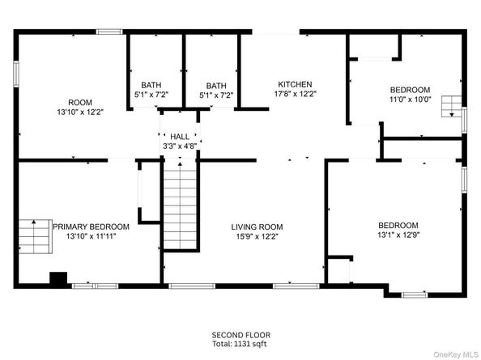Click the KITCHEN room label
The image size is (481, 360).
[x=295, y=84]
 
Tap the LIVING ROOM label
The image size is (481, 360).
[x=257, y=227]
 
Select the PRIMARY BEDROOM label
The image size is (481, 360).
[x=92, y=227]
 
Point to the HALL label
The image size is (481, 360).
[x=180, y=137]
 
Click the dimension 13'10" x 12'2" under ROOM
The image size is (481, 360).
[x=80, y=112]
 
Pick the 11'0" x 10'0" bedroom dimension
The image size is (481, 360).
[x=410, y=100]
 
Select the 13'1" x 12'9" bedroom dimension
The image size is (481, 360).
[x=398, y=235]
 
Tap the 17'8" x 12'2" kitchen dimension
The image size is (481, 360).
[x=295, y=94]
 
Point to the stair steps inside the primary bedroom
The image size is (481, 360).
[x=36, y=236]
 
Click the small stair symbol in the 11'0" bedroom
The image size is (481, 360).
[x=452, y=106]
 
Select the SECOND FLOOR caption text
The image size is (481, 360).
[x=240, y=335]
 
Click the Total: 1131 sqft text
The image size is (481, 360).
[x=240, y=344]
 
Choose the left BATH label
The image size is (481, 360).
[x=151, y=85]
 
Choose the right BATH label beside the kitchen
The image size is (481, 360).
[x=216, y=86]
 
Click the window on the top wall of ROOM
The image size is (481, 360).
[x=109, y=32]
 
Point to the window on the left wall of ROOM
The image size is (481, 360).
[x=16, y=74]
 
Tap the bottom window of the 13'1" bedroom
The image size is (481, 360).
[x=415, y=295]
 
